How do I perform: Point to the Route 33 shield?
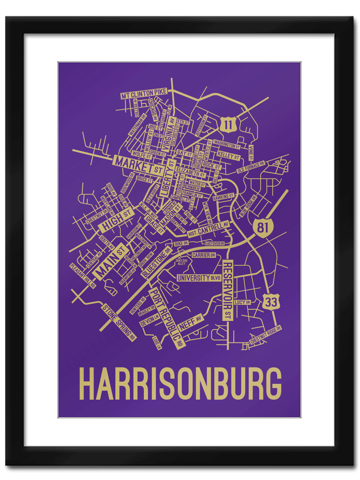tap(271, 303)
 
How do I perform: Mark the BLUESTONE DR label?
tap(156, 262)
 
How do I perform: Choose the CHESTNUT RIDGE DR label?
tap(266, 335)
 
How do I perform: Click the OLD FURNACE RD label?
tap(251, 168)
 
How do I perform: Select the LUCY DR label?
tap(243, 302)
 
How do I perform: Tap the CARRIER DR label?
tap(204, 255)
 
